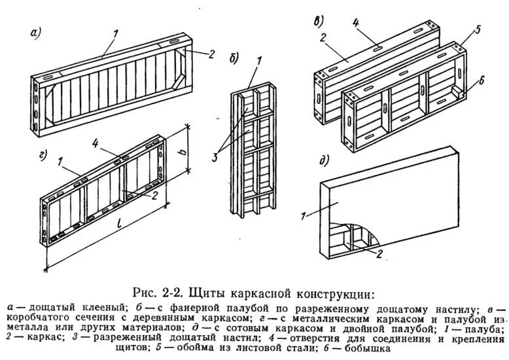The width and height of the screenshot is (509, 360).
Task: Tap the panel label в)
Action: point(318,20)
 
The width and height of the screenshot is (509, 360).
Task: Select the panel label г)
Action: point(37,156)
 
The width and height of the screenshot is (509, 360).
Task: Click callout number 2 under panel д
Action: point(378,255)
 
